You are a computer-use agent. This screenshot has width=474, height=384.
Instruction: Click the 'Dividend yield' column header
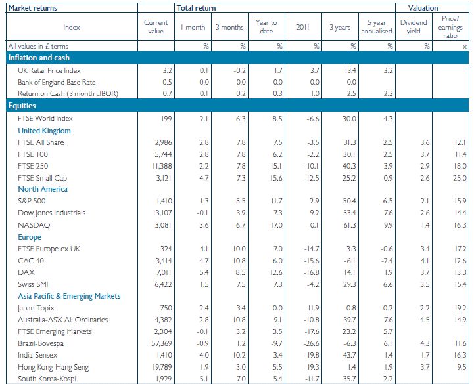[x=414, y=27]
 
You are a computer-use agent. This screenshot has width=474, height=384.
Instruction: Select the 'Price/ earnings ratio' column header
[x=450, y=27]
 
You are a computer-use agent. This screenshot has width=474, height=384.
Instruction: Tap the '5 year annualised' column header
[x=377, y=27]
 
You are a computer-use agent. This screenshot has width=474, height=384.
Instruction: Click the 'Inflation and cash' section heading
[x=39, y=58]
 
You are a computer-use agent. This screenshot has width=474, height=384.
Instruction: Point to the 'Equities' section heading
[x=22, y=106]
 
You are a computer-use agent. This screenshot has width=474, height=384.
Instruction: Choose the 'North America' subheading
[x=43, y=189]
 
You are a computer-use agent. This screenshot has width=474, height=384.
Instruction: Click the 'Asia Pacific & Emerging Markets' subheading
[x=69, y=296]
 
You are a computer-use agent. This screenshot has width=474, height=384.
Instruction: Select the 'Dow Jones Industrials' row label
[x=52, y=213]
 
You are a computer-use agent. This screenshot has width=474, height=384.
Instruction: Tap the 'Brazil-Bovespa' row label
[x=41, y=343]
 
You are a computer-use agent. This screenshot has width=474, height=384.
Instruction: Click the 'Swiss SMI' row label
[x=33, y=284]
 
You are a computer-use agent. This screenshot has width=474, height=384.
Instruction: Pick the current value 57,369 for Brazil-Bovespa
[x=162, y=343]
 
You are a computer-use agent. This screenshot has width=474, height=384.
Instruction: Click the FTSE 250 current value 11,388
[x=163, y=166]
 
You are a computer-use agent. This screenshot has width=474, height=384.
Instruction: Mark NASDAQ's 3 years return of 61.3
[x=350, y=225]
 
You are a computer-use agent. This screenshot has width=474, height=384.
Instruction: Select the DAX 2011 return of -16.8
[x=312, y=272]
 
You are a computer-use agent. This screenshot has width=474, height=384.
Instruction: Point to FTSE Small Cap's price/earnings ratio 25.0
[x=460, y=178]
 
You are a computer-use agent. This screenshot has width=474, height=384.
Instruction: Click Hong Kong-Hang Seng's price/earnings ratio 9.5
[x=462, y=367]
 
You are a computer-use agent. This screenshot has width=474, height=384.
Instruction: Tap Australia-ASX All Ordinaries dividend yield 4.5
[x=425, y=320]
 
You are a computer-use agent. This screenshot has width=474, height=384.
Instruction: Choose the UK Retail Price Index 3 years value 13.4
[x=350, y=71]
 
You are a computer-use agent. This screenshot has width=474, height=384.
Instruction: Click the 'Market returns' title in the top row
[x=33, y=8]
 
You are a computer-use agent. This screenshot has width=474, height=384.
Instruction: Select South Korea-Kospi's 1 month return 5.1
[x=204, y=379]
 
